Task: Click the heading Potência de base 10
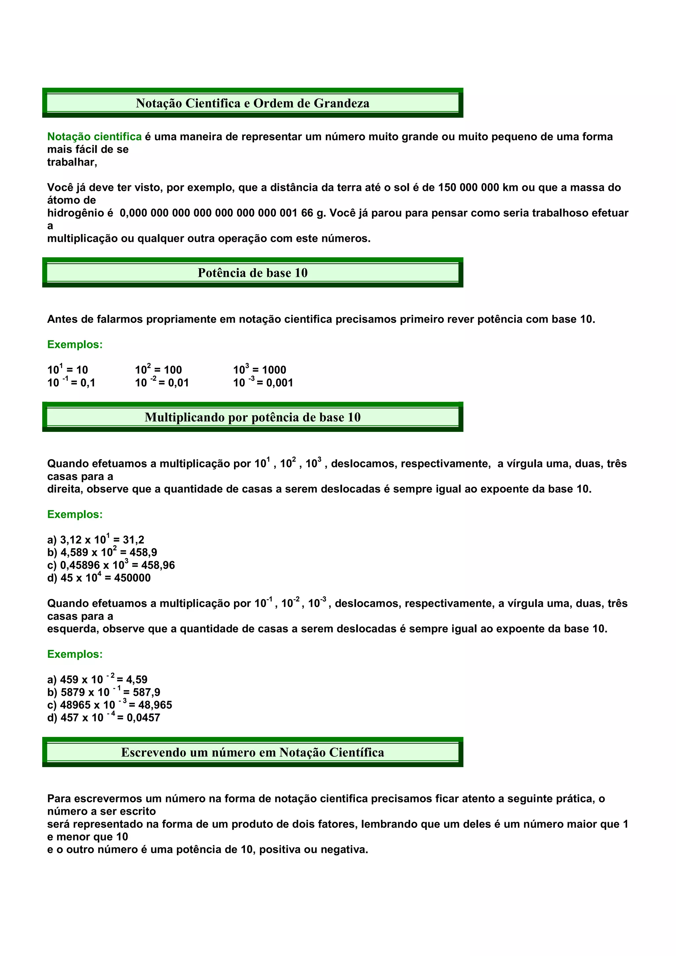coord(253,273)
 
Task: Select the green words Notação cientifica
coord(94,137)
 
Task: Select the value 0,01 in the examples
coord(178,383)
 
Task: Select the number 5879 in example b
coord(73,692)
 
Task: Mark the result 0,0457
coord(143,717)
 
